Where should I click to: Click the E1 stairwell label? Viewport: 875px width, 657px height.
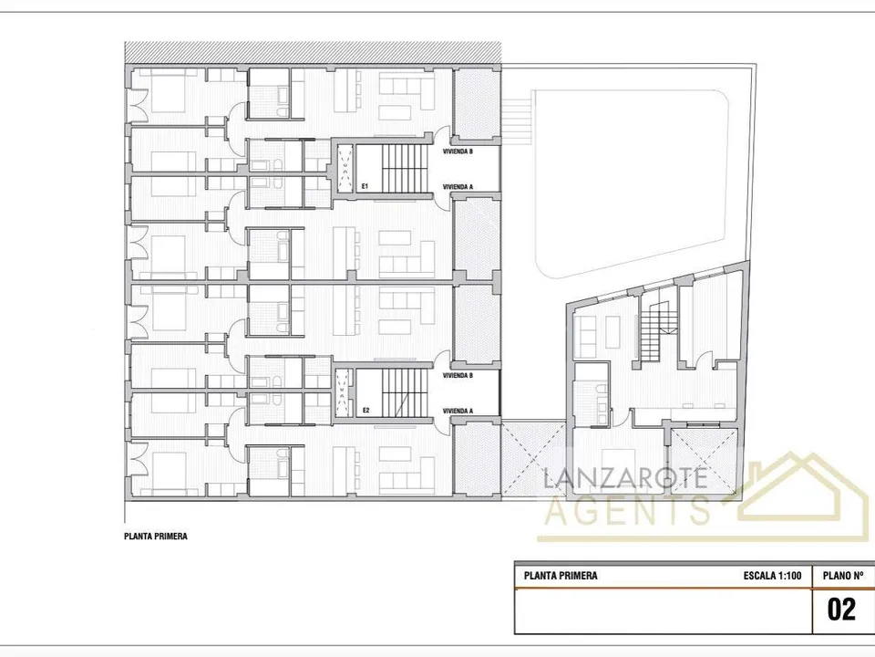tap(365, 186)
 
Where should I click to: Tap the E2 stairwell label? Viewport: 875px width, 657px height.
tap(365, 411)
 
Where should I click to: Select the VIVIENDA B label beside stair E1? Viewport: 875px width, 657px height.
tap(458, 151)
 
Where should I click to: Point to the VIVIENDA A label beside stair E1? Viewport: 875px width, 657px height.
tap(458, 186)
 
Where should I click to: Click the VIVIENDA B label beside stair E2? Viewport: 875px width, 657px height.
tap(458, 375)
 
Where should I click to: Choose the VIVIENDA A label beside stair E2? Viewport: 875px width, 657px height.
tap(458, 411)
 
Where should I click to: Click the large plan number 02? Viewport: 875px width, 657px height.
tap(841, 610)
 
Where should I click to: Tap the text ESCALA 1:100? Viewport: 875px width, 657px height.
tap(772, 576)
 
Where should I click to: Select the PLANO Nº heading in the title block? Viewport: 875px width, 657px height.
tap(843, 576)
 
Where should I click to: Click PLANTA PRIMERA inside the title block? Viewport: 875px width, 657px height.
tap(561, 576)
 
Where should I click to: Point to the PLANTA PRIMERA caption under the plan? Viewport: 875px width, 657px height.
tap(156, 537)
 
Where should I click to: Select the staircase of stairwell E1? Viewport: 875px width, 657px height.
tap(405, 169)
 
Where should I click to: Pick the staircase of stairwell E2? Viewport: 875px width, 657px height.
tap(405, 392)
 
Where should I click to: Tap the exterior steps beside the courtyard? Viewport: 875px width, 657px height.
tap(515, 120)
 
